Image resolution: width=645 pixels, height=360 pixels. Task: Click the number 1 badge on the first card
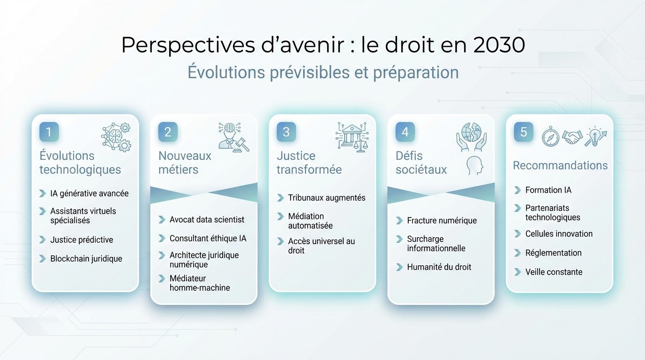(x=49, y=132)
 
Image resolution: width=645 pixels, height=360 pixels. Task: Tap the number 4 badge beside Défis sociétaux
(x=405, y=132)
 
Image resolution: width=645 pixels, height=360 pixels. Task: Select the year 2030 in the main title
(x=499, y=45)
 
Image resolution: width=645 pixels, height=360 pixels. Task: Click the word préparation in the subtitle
(x=416, y=73)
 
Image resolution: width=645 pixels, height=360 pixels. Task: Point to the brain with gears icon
(x=116, y=137)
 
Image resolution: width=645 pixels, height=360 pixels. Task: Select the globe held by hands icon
(x=471, y=136)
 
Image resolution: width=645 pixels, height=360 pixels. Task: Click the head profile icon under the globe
(x=475, y=165)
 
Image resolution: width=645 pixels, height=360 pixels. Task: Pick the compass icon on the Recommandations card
(x=550, y=137)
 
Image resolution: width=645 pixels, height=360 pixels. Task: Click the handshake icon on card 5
(x=572, y=137)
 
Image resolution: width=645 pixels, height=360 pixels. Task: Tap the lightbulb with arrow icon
(x=595, y=136)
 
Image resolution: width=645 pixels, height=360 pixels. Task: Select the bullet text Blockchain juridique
(x=86, y=259)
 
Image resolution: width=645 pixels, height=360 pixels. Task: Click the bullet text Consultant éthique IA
(x=208, y=239)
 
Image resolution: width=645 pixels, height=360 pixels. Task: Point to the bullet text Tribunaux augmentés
(x=326, y=198)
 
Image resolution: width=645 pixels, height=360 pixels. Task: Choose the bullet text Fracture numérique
(x=442, y=220)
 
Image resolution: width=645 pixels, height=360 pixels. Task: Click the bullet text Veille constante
(x=554, y=272)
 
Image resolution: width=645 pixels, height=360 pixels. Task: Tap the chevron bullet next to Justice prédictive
(x=42, y=240)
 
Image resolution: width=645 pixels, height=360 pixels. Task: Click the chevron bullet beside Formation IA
(x=517, y=190)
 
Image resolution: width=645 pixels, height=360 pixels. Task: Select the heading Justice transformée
(x=309, y=163)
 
